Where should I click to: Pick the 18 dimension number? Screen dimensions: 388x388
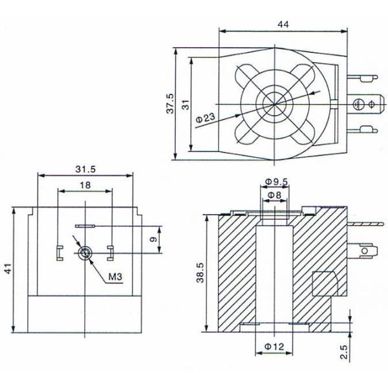[85, 185]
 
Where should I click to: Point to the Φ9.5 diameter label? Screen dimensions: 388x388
[276, 182]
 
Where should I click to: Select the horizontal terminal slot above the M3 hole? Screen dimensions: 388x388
[85, 226]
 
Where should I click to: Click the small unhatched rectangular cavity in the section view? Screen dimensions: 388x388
[324, 282]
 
